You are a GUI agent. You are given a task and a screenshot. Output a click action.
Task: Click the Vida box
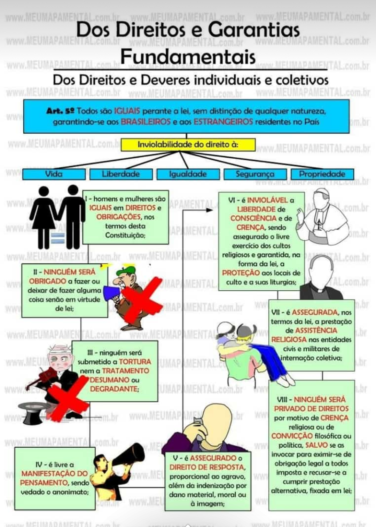[x=54, y=174]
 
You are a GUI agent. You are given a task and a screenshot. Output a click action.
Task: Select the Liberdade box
[x=121, y=174]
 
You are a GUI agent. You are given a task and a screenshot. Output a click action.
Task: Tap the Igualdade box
[x=188, y=174]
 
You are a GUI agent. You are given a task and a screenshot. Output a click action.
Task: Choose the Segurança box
[x=255, y=174]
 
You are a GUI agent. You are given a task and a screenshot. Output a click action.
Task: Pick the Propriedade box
[x=322, y=174]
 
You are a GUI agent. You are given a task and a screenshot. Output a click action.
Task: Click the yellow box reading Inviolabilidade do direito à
[x=188, y=144]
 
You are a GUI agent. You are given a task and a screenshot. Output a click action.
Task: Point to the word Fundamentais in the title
[x=188, y=57]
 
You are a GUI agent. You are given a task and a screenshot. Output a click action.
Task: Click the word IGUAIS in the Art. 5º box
[x=127, y=111]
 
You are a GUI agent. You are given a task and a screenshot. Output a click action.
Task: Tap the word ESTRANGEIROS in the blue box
[x=223, y=122]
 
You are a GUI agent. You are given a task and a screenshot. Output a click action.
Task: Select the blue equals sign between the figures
[x=58, y=238]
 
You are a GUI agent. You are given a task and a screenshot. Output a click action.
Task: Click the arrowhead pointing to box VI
[x=209, y=210]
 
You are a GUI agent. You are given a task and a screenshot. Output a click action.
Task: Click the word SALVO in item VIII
[x=316, y=445]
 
